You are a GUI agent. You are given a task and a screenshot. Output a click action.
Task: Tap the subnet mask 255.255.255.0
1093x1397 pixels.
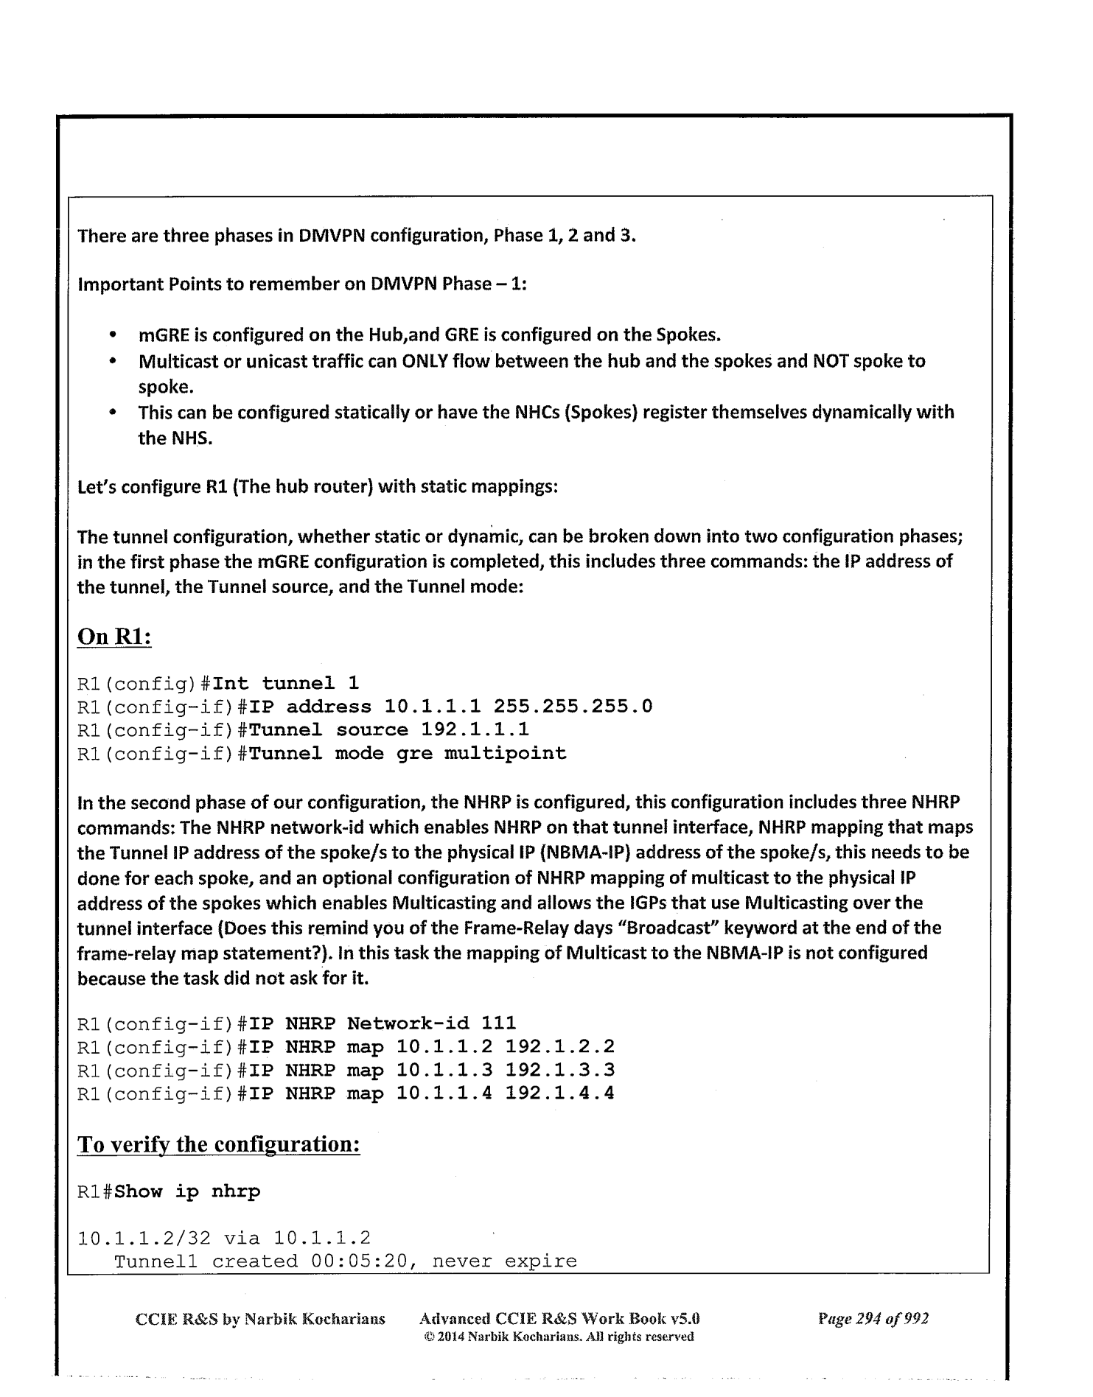(573, 707)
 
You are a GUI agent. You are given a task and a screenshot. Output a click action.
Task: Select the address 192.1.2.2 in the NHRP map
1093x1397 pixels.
(560, 1046)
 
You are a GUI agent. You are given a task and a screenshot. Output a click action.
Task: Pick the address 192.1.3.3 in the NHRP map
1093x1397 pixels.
(560, 1069)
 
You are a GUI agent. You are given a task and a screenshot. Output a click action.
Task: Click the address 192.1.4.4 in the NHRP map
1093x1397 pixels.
(560, 1093)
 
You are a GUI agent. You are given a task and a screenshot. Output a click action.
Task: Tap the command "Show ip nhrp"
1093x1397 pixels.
(188, 1192)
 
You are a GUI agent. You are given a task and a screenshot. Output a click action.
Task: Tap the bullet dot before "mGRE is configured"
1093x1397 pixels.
(113, 337)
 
